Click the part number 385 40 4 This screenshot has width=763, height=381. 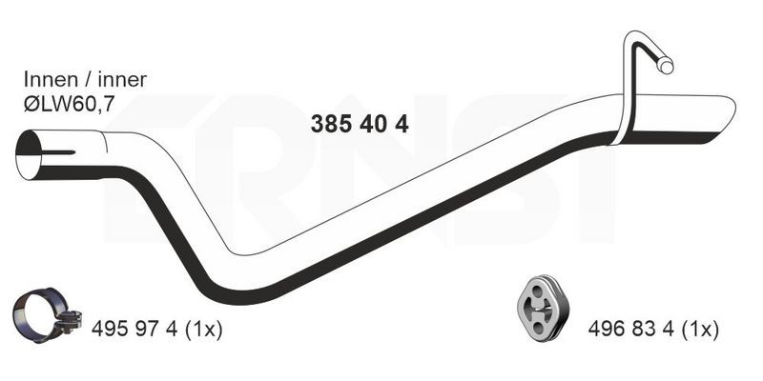coord(360,125)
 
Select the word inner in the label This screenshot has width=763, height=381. coord(122,80)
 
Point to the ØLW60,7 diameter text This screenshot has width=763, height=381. coord(69,103)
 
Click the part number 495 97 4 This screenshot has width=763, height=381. coord(135,330)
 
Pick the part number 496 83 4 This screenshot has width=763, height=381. coord(631,330)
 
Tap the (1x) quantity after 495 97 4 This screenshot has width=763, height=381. coord(203,331)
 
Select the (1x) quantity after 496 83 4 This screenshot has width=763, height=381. coord(700,331)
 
